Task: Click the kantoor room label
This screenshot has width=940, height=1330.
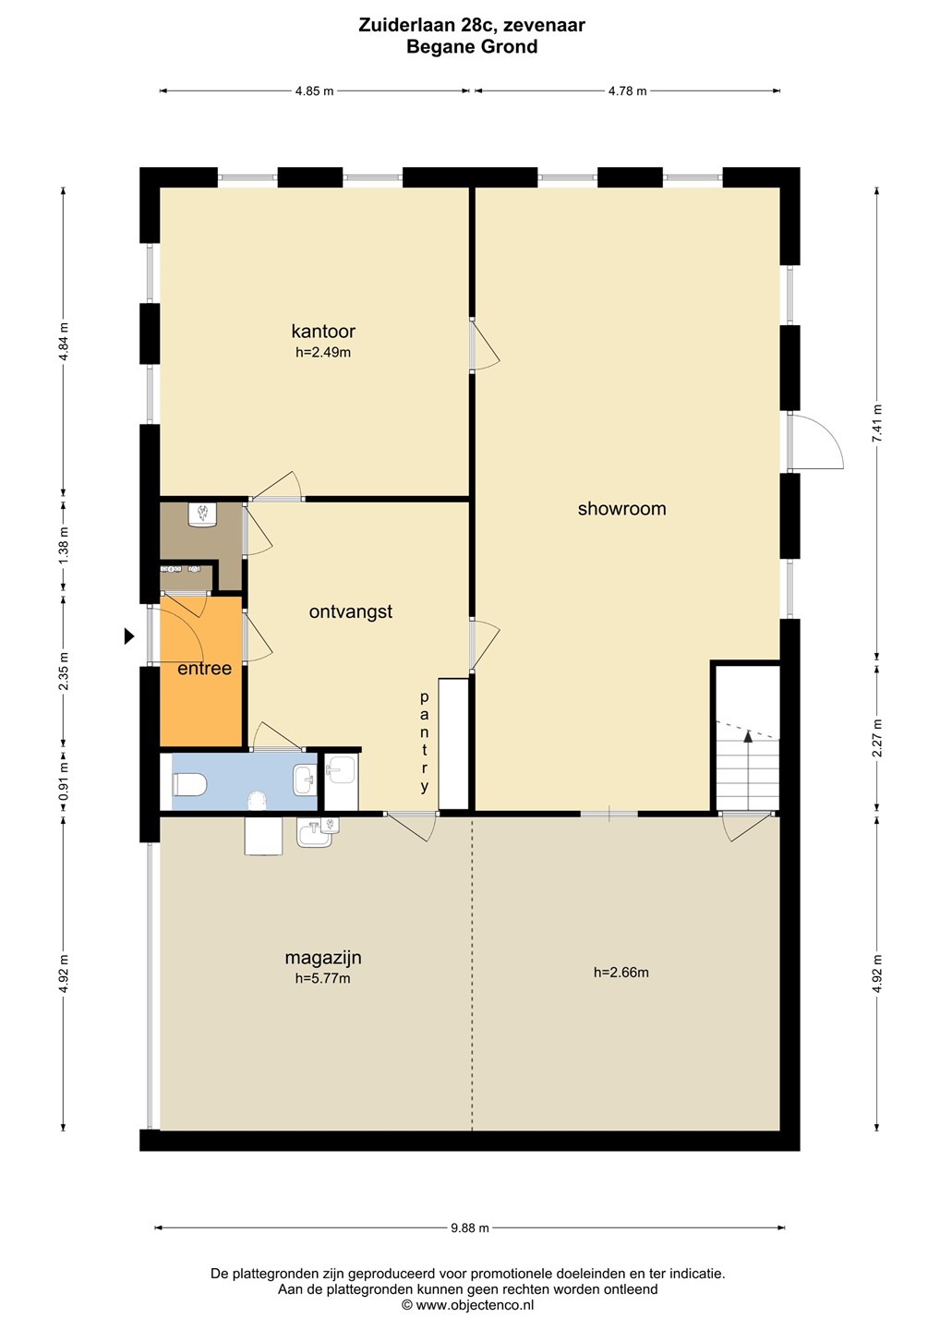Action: (323, 331)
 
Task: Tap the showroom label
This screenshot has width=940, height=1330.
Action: (622, 508)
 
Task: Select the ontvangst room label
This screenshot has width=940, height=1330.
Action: (351, 611)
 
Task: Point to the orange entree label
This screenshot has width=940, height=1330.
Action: (204, 669)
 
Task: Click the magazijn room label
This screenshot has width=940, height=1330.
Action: (323, 957)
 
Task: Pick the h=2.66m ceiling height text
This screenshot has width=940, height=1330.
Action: (621, 973)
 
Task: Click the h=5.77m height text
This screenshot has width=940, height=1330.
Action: (323, 978)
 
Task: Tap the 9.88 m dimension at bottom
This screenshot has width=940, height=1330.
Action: (470, 1227)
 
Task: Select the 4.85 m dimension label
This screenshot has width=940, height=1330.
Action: (315, 91)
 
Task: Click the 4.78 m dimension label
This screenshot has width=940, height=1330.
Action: (627, 91)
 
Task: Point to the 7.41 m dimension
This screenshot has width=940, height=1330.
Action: (877, 423)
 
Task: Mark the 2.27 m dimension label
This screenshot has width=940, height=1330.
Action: (877, 737)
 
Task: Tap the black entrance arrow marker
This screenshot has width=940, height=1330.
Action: (128, 636)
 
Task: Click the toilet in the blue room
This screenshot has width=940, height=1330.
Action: (189, 785)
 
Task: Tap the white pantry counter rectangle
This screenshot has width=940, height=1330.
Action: (453, 744)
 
